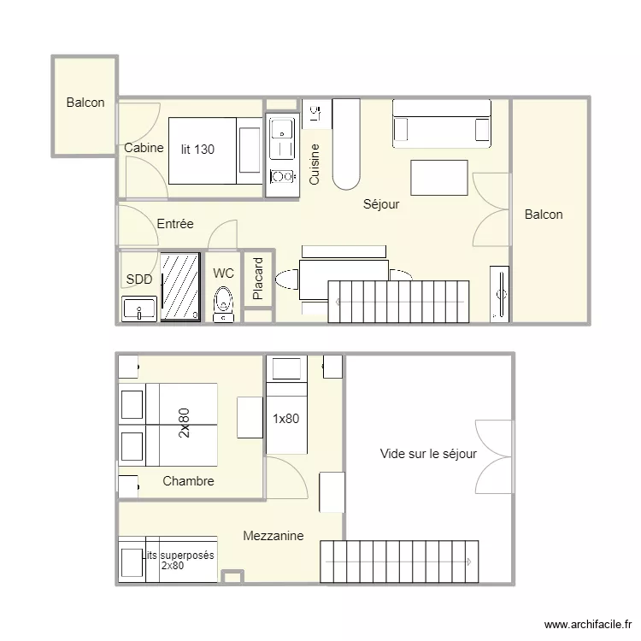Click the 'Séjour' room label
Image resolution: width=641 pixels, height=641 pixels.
click(381, 204)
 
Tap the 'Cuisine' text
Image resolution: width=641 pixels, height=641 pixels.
click(314, 164)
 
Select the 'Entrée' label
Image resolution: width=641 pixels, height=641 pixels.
click(175, 224)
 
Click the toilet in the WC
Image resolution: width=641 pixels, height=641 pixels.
click(223, 304)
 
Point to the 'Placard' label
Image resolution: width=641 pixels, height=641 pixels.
click(258, 279)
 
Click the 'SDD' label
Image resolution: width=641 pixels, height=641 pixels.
click(139, 279)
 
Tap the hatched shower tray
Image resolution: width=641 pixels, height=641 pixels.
click(179, 286)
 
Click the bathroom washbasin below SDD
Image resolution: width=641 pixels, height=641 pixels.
click(139, 309)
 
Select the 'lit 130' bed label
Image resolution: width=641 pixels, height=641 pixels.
click(197, 150)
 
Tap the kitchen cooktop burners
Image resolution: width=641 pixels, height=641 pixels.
click(282, 177)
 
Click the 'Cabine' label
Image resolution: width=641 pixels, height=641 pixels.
click(144, 148)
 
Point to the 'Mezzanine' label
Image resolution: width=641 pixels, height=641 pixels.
click(273, 536)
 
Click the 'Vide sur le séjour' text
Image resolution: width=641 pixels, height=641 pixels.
click(428, 454)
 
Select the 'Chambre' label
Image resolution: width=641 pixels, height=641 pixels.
click(188, 480)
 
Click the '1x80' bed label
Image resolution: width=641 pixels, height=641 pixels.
click(285, 419)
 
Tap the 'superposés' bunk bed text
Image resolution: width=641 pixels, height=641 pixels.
click(187, 556)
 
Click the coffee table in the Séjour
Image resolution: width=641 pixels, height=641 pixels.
click(439, 178)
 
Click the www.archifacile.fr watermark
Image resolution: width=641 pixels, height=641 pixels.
click(588, 624)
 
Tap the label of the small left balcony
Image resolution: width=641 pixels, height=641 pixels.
click(85, 103)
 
